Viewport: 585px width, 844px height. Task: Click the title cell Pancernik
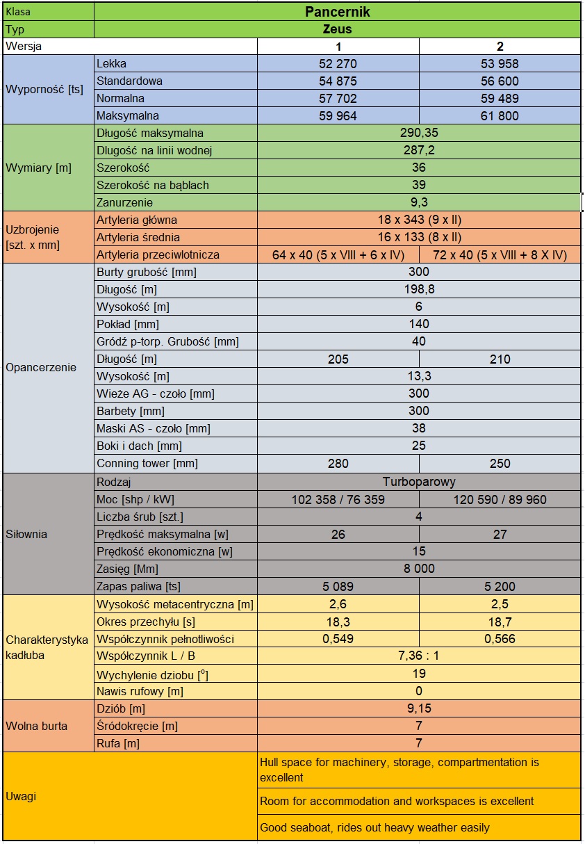(337, 12)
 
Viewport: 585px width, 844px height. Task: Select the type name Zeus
(337, 29)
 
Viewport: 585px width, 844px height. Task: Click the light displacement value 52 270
(338, 64)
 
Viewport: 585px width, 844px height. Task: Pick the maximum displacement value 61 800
(500, 116)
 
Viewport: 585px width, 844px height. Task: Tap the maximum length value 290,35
(418, 133)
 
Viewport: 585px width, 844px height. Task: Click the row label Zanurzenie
(125, 203)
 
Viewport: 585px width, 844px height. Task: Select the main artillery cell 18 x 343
(418, 220)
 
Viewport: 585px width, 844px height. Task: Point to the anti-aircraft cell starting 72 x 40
(500, 255)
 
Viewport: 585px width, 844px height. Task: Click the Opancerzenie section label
(41, 368)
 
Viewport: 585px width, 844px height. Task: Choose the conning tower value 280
(338, 464)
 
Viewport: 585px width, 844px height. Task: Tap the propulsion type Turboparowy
(418, 482)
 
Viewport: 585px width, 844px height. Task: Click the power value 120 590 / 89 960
(500, 500)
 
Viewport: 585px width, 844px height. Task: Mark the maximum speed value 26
(338, 535)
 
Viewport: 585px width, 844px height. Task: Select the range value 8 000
(418, 569)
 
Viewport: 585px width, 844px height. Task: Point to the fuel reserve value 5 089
(338, 587)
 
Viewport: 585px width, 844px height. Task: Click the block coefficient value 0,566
(500, 639)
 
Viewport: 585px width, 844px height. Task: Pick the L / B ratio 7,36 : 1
(418, 656)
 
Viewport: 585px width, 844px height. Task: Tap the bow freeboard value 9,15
(418, 709)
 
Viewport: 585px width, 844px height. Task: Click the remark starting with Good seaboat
(374, 827)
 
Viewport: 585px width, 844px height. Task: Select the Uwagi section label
(21, 797)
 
